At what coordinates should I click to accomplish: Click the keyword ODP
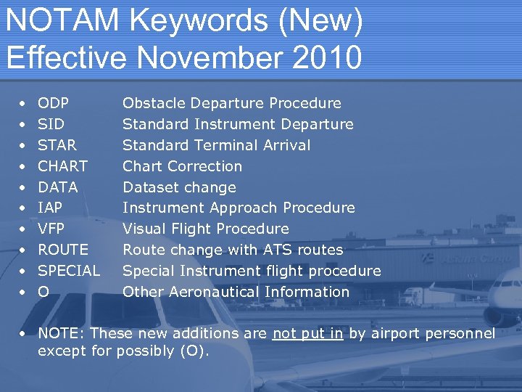53,103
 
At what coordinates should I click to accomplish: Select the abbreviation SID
50,124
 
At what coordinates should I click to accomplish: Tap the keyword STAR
57,145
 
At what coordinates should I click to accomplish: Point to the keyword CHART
62,166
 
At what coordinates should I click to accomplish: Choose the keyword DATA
57,187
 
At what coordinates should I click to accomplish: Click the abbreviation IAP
50,208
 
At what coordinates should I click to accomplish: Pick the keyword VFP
51,229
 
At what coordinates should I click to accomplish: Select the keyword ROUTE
63,250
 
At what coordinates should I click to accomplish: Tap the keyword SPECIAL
69,271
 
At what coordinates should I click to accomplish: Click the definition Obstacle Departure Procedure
231,103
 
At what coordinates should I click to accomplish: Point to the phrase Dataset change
179,187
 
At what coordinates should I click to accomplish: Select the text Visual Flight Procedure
205,229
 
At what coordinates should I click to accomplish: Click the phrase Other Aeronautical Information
236,292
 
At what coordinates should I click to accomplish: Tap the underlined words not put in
307,334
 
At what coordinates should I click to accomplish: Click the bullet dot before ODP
24,104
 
